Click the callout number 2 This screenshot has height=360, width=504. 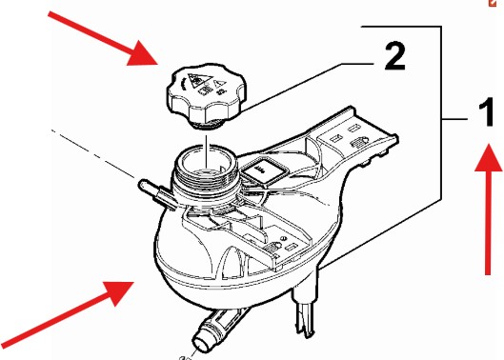click(x=394, y=57)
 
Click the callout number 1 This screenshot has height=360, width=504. click(x=486, y=112)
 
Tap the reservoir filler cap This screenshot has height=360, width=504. click(x=207, y=95)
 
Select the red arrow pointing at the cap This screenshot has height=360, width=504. click(x=103, y=38)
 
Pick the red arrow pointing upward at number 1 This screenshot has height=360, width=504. click(x=489, y=209)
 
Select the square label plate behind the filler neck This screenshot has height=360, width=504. click(x=263, y=171)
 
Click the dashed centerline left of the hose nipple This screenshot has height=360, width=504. click(x=93, y=153)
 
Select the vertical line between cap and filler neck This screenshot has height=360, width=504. click(x=207, y=151)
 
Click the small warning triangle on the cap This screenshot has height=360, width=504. click(x=218, y=84)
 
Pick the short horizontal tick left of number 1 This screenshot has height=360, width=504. click(x=454, y=120)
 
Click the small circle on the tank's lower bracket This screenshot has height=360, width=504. click(x=284, y=238)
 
